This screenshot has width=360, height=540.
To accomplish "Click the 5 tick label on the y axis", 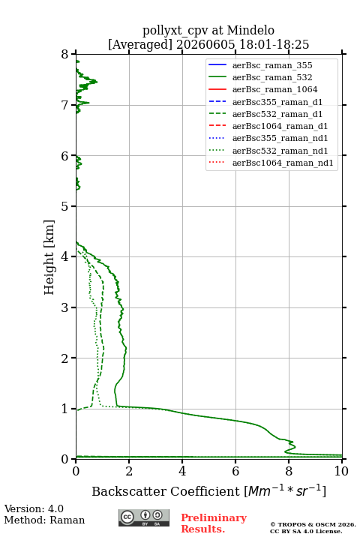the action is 65,207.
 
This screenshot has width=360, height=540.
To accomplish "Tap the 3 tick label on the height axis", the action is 65,307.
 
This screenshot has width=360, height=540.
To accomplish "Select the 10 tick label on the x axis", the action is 341,471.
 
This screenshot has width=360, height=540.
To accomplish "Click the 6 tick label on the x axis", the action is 235,471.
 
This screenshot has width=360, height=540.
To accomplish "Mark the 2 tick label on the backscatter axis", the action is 129,471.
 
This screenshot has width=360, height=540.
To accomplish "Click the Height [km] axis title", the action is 49,257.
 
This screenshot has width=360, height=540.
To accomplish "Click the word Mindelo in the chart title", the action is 250,30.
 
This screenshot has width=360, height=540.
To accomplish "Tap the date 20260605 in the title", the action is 205,44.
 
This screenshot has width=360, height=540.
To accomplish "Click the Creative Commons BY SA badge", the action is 144,517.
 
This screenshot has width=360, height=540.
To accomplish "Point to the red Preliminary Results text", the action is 214,523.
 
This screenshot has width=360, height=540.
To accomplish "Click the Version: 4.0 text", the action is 34,508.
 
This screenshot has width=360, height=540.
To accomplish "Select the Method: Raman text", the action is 44,520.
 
